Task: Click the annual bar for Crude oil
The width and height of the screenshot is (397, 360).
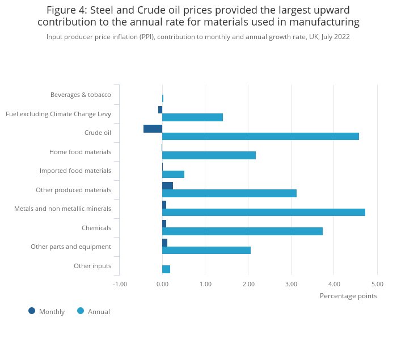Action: click(260, 136)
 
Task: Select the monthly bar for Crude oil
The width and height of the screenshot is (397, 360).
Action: click(153, 129)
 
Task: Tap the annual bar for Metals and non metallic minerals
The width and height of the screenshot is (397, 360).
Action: click(264, 212)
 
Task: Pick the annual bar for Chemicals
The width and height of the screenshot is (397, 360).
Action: click(242, 231)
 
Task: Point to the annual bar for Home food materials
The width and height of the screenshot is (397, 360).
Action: click(209, 155)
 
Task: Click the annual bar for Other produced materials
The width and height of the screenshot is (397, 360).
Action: click(229, 193)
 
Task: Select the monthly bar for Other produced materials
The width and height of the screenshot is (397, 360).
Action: click(167, 185)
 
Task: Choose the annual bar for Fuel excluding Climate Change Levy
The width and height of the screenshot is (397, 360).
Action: click(192, 117)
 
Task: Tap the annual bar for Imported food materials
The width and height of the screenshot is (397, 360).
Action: click(173, 174)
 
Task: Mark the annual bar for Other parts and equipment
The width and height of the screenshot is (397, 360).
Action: click(206, 250)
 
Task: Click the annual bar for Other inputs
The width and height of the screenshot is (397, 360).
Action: click(166, 269)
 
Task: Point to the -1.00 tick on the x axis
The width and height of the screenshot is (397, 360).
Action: click(120, 284)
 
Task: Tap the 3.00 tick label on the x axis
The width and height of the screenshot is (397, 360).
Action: click(291, 284)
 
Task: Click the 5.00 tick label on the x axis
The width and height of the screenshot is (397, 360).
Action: click(377, 284)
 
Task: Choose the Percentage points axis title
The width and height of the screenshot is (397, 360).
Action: click(348, 295)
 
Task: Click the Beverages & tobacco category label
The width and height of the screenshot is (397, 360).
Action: click(81, 95)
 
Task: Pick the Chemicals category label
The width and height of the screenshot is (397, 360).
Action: click(96, 228)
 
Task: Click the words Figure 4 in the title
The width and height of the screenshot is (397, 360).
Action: click(66, 10)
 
